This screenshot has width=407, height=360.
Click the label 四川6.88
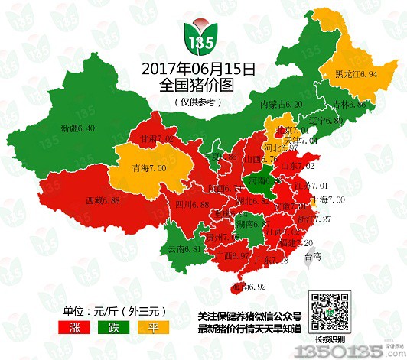point(191,205)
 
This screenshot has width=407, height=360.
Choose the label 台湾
point(314,257)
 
